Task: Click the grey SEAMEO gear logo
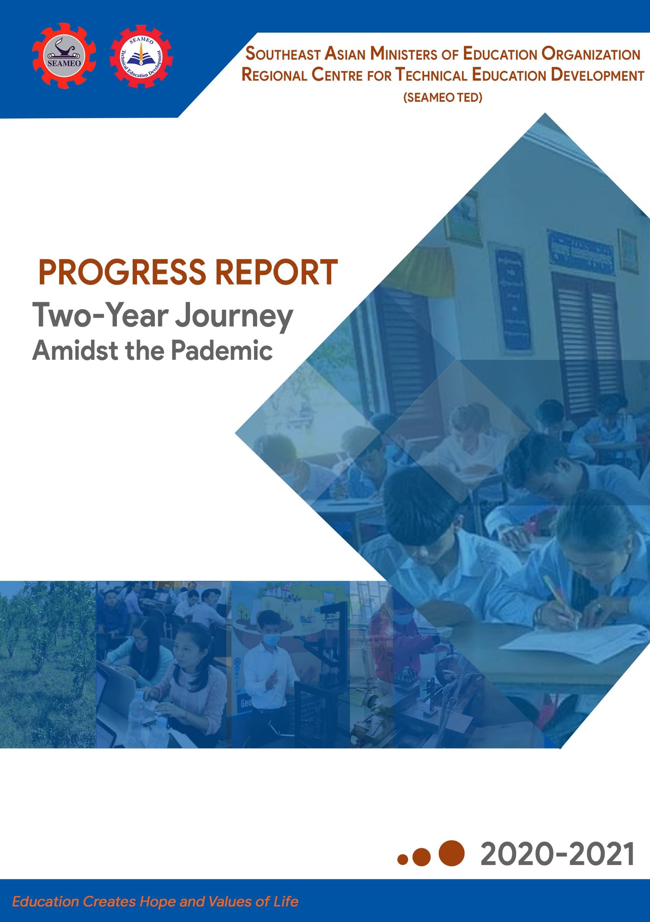pos(64,56)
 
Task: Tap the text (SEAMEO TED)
pos(443,97)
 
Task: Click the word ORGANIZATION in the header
pos(590,54)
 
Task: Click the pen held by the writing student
pos(559,598)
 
